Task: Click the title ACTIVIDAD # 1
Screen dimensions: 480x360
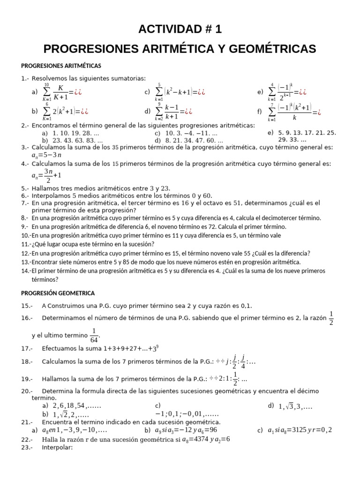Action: pyautogui.click(x=180, y=29)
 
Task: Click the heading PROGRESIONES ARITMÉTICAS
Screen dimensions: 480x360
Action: pyautogui.click(x=61, y=66)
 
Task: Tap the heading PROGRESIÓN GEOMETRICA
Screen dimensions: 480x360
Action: pyautogui.click(x=58, y=293)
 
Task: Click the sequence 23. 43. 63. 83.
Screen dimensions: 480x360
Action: pyautogui.click(x=77, y=140)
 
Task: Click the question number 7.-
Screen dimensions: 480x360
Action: pyautogui.click(x=25, y=203)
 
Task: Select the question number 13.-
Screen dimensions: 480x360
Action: pyautogui.click(x=26, y=262)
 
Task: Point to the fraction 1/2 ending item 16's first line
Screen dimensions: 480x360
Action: pyautogui.click(x=332, y=317)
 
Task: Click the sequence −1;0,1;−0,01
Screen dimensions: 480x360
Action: pyautogui.click(x=187, y=414)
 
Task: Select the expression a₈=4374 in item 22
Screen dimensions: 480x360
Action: pyautogui.click(x=197, y=439)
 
